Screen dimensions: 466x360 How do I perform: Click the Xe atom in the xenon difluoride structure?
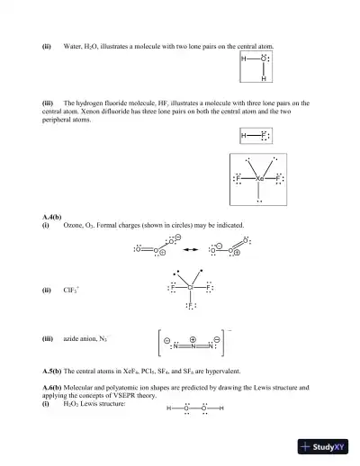pyautogui.click(x=259, y=179)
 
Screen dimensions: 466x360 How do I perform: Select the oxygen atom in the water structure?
pyautogui.click(x=263, y=61)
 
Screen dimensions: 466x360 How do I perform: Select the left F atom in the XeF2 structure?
pyautogui.click(x=238, y=179)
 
